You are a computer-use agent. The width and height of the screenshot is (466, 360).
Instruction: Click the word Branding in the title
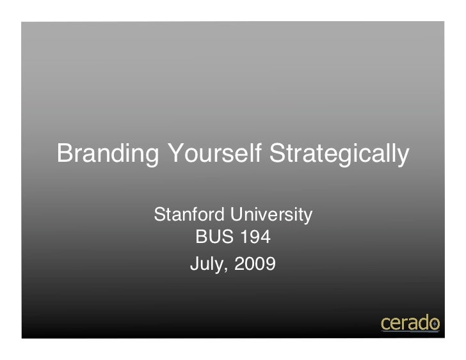click(x=104, y=154)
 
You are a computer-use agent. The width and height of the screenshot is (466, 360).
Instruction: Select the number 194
click(x=255, y=239)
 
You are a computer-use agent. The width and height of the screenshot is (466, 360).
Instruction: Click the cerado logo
click(x=409, y=323)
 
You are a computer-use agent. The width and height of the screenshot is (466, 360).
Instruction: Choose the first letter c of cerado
click(x=385, y=324)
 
